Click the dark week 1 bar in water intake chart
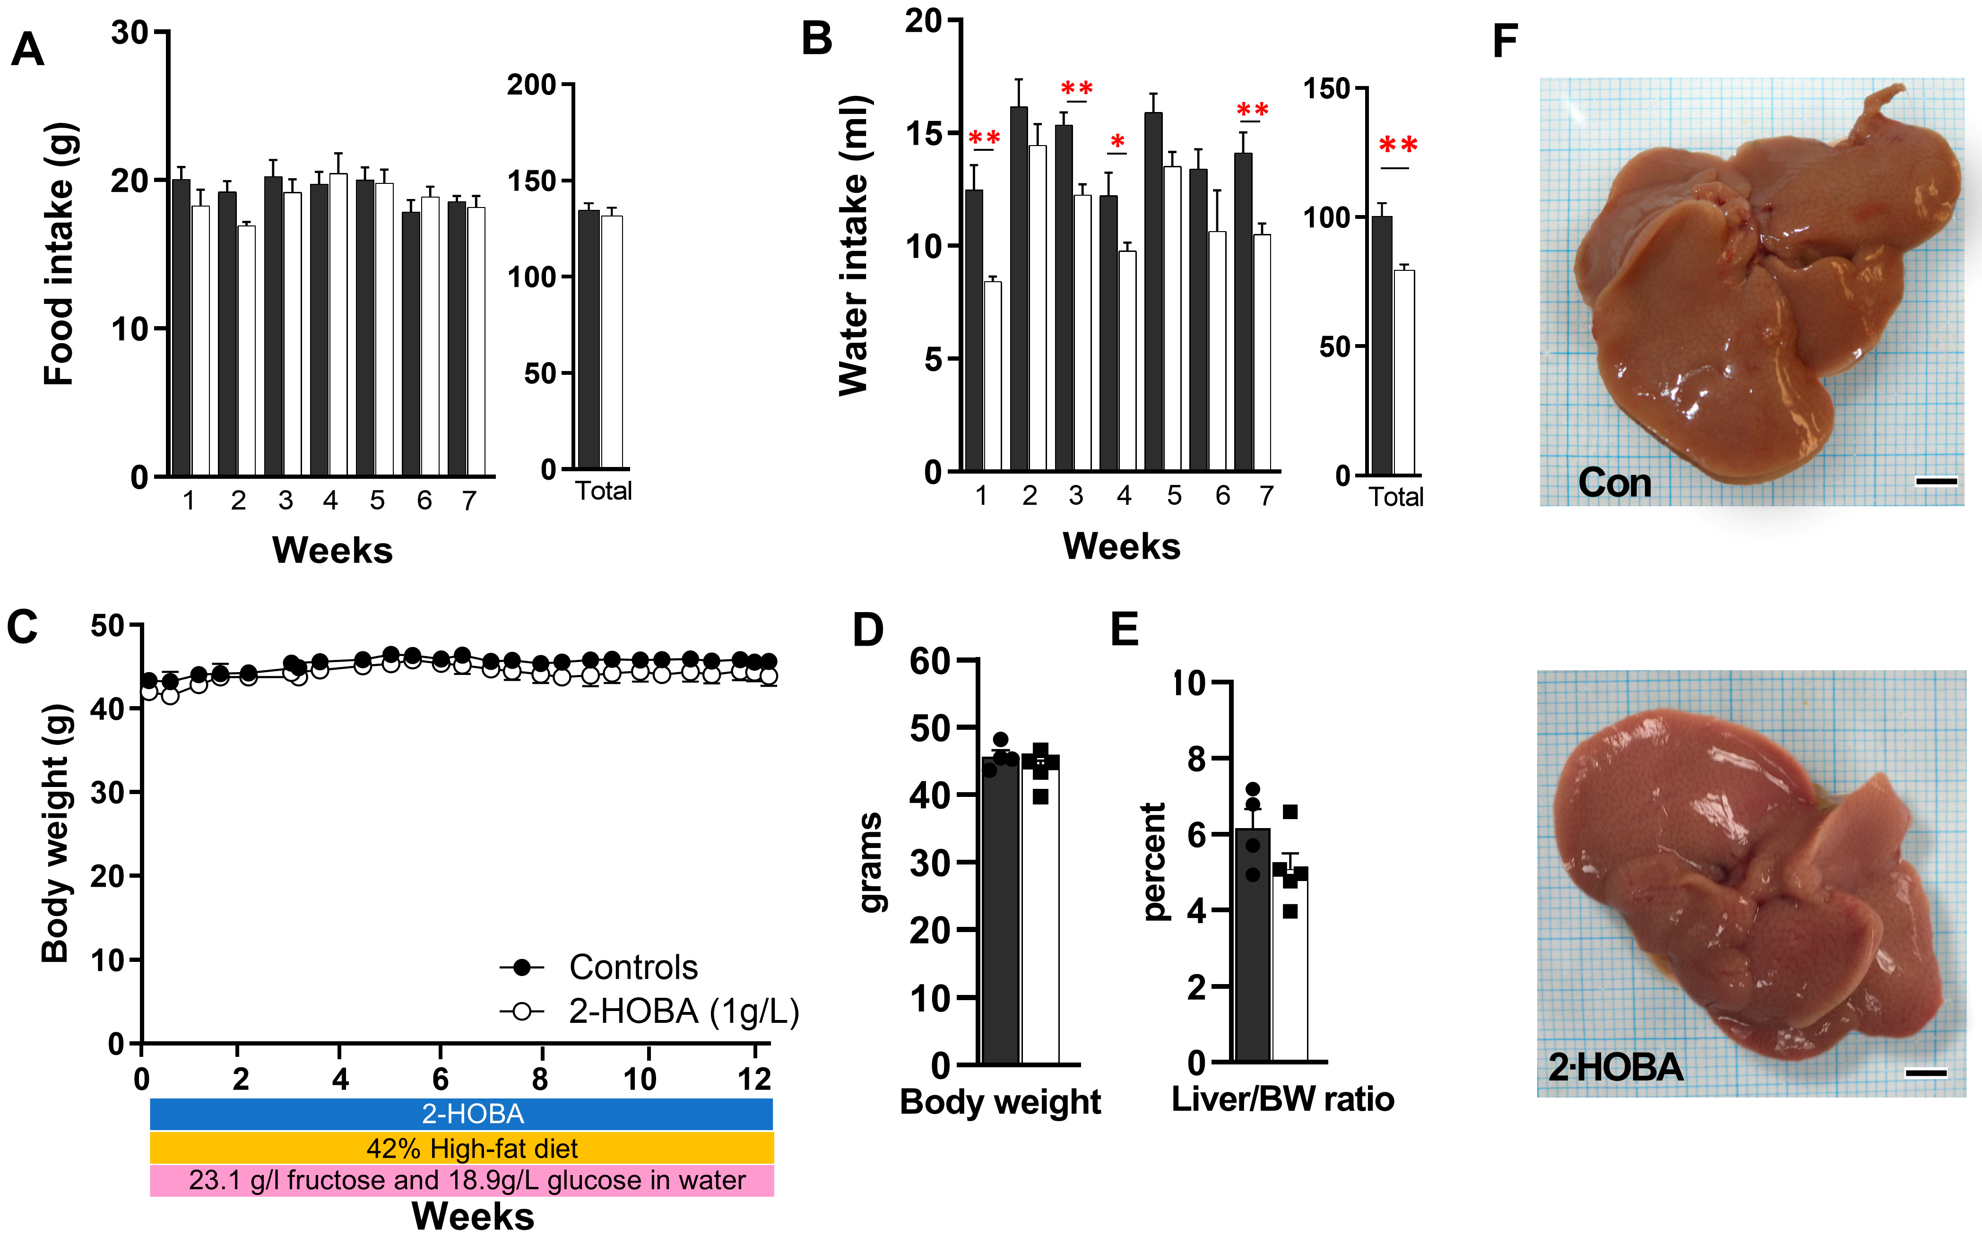click(x=973, y=330)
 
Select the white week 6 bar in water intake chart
click(x=1217, y=352)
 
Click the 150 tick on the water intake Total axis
click(x=1326, y=88)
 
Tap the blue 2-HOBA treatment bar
click(x=462, y=1114)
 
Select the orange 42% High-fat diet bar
click(x=462, y=1148)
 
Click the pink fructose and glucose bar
click(x=462, y=1180)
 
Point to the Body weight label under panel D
click(x=1000, y=1102)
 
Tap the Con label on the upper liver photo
click(x=1614, y=482)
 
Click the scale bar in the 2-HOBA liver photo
click(x=1926, y=1073)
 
